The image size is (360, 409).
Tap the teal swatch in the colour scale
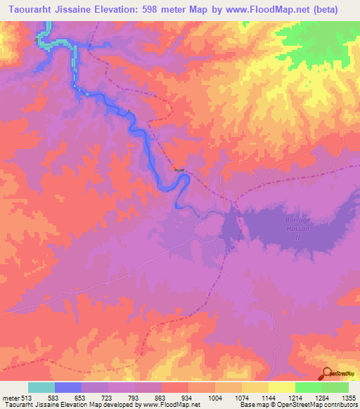(41, 387)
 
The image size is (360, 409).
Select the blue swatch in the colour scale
(68, 387)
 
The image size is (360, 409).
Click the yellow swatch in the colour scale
(281, 387)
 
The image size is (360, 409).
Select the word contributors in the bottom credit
(341, 405)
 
